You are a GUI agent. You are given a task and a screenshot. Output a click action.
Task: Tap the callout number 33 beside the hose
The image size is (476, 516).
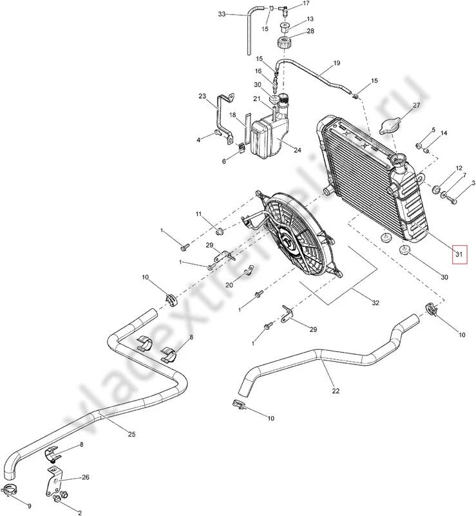pyautogui.click(x=222, y=14)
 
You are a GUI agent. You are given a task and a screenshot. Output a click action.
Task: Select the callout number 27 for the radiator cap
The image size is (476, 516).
pyautogui.click(x=416, y=104)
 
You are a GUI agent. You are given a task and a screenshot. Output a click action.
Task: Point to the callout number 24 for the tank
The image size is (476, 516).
pyautogui.click(x=298, y=150)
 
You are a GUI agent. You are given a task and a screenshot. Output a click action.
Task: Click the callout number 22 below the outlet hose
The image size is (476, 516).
pyautogui.click(x=336, y=390)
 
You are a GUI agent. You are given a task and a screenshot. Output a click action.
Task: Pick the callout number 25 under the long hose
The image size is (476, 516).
pyautogui.click(x=131, y=434)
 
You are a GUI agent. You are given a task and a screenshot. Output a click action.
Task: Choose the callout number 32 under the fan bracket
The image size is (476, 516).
pyautogui.click(x=376, y=301)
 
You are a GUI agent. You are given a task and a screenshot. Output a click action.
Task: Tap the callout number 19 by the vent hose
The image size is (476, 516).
pyautogui.click(x=336, y=63)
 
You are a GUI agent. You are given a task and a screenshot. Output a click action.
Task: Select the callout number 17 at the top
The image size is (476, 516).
pyautogui.click(x=306, y=4)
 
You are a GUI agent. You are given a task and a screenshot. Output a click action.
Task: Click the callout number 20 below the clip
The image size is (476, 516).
pyautogui.click(x=229, y=284)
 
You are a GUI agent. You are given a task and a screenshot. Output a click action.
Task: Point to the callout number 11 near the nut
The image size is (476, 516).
pyautogui.click(x=199, y=213)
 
